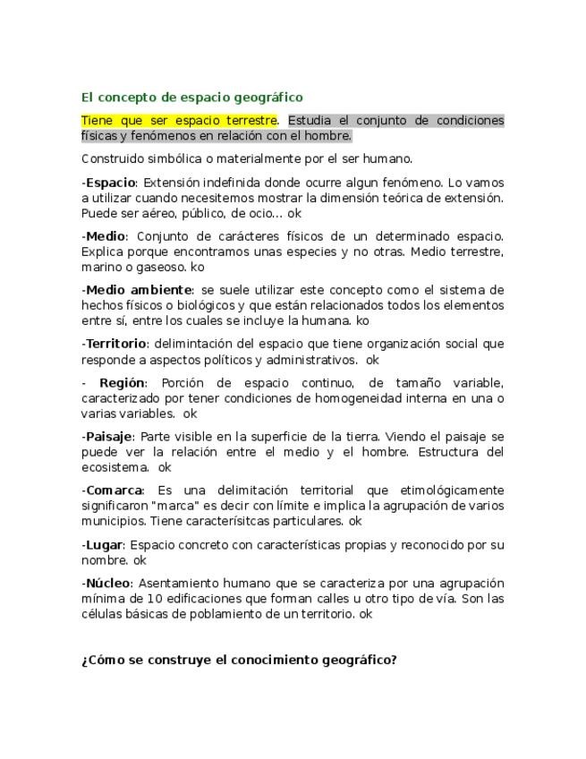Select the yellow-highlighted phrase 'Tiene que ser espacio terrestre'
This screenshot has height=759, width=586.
179,120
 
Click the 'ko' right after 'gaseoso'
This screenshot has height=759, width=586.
198,267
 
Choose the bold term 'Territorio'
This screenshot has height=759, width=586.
115,344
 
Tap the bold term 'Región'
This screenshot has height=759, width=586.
122,383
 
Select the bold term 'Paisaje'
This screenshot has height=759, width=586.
109,437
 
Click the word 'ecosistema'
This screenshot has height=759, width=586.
115,467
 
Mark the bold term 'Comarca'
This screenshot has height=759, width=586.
115,490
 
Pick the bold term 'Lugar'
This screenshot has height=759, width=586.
103,544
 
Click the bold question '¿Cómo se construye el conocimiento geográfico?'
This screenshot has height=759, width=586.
239,661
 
